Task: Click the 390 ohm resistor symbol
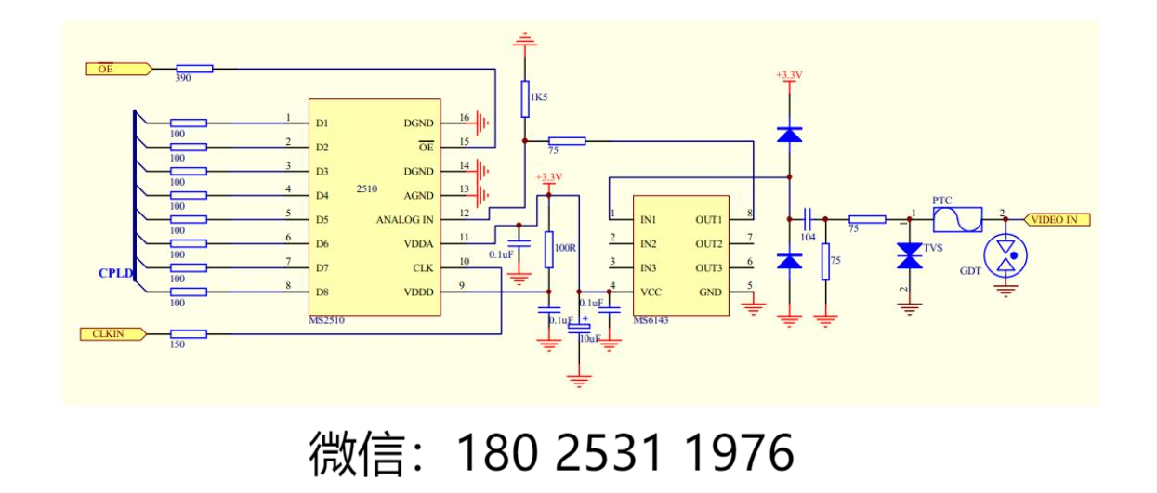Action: click(194, 68)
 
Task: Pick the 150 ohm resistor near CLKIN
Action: click(188, 333)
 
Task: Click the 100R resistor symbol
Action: click(548, 249)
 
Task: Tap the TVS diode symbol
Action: click(908, 256)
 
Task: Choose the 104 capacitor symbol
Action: click(808, 219)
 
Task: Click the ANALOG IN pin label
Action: click(404, 220)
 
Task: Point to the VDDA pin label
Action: click(418, 244)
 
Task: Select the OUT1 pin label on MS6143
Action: click(708, 220)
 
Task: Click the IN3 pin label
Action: click(649, 268)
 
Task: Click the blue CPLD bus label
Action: click(116, 273)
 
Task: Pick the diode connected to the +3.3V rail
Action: click(789, 135)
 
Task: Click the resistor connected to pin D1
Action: click(188, 123)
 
